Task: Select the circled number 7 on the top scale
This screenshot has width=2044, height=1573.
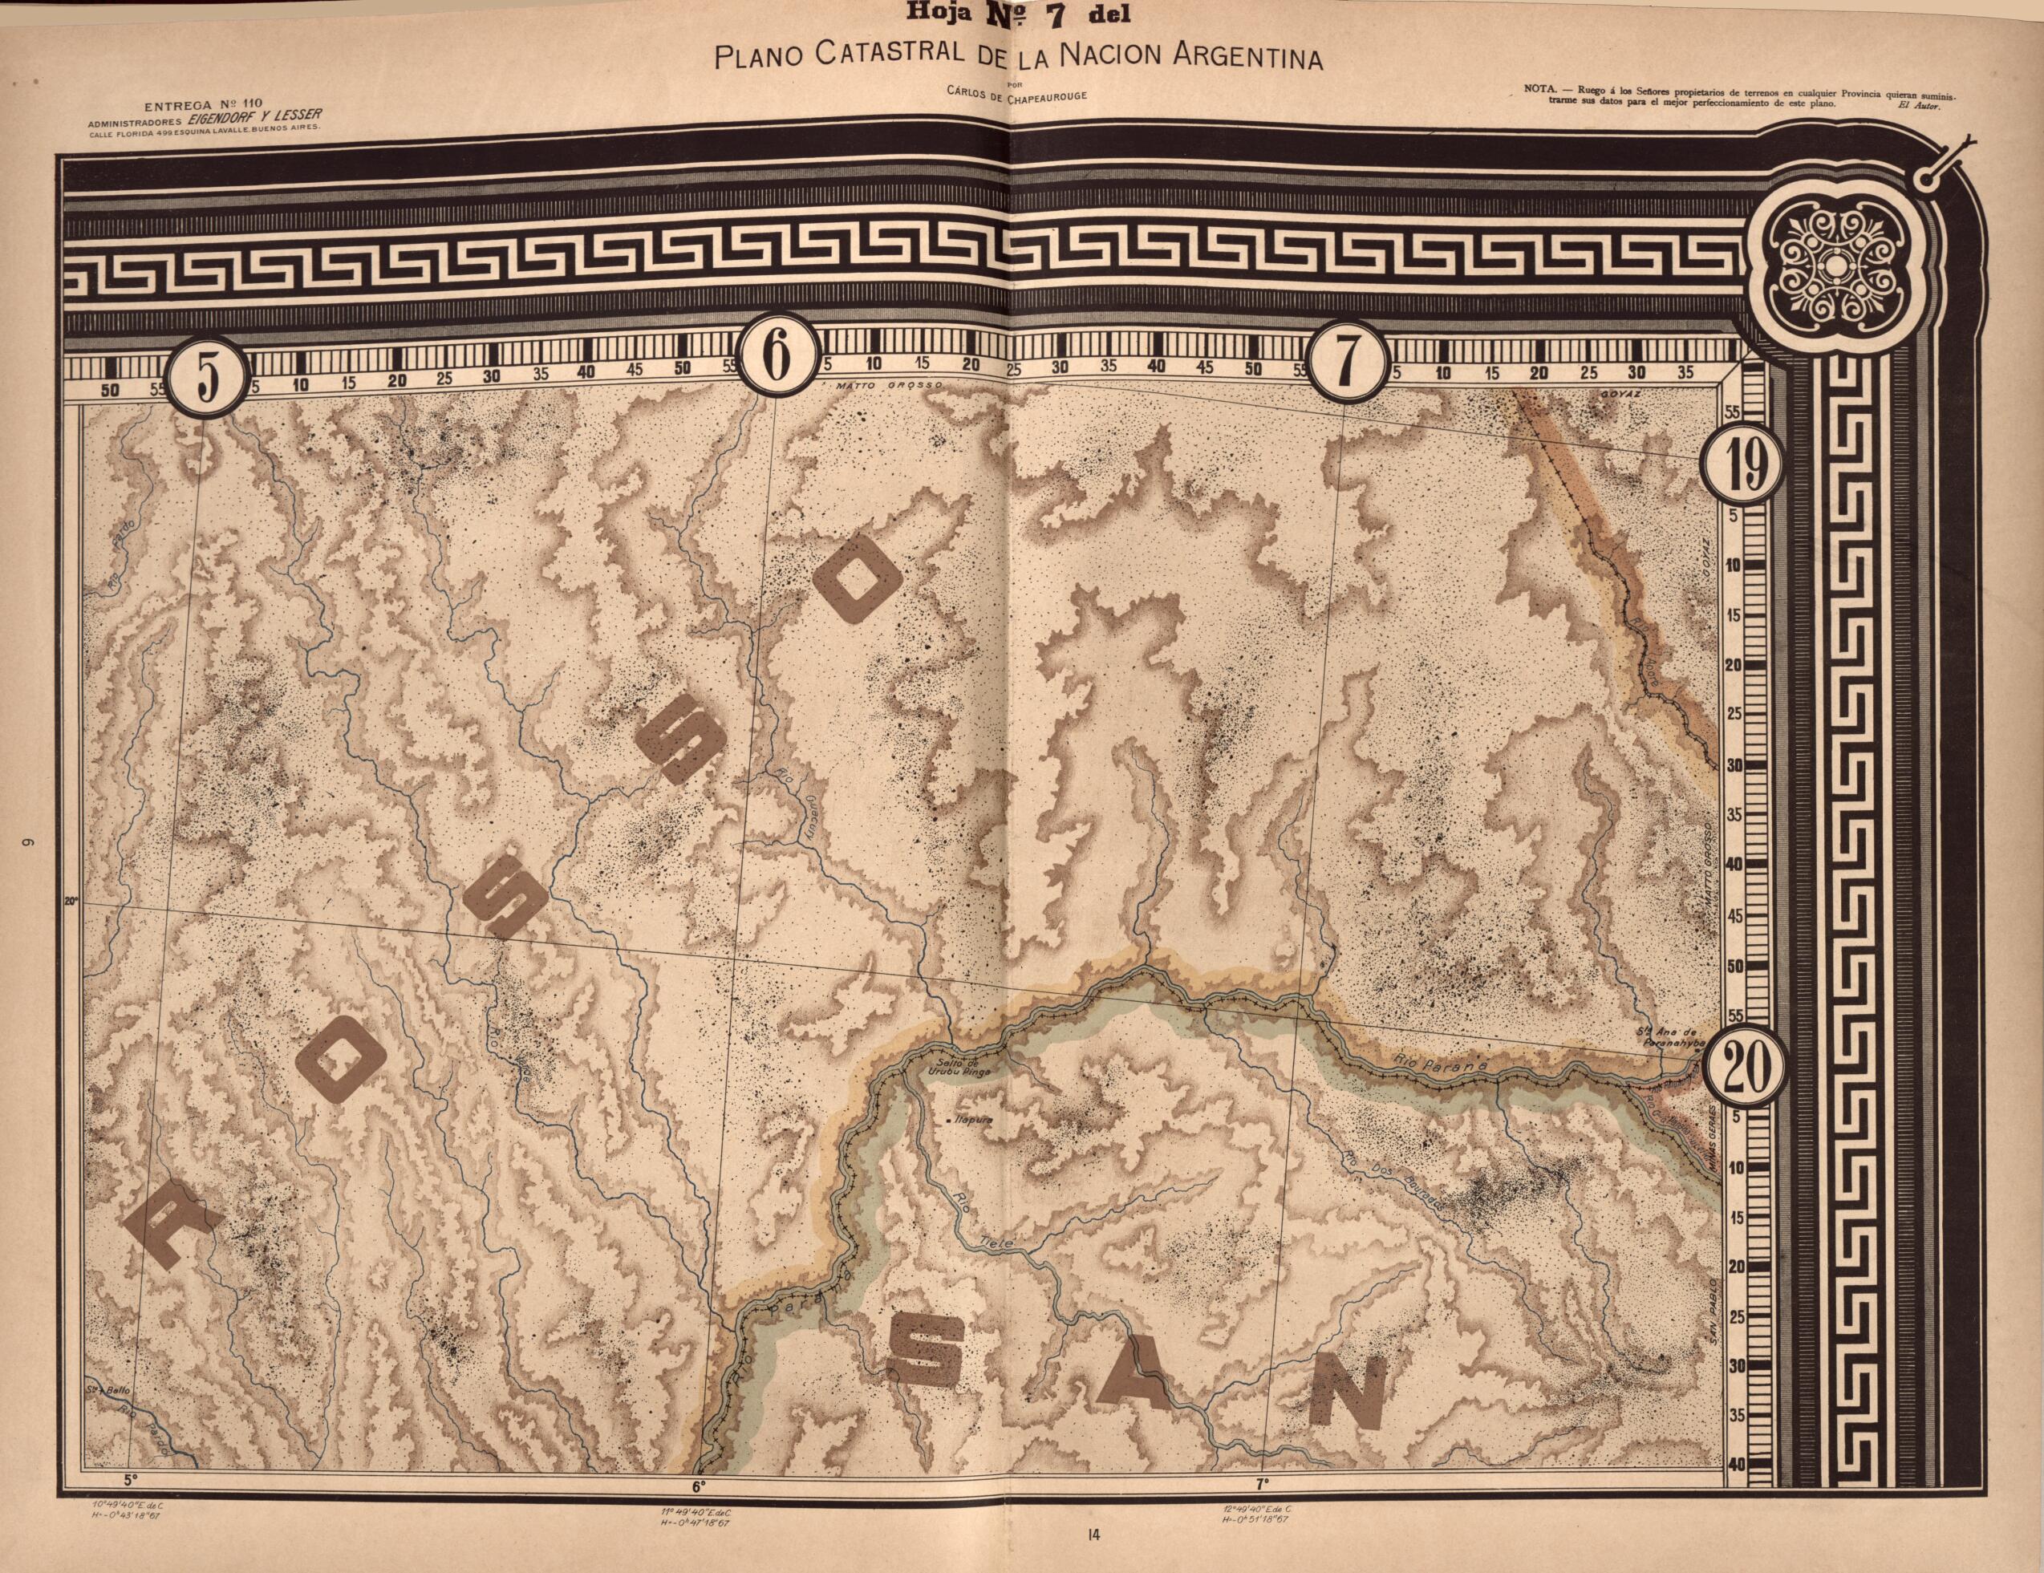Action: [x=1346, y=359]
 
